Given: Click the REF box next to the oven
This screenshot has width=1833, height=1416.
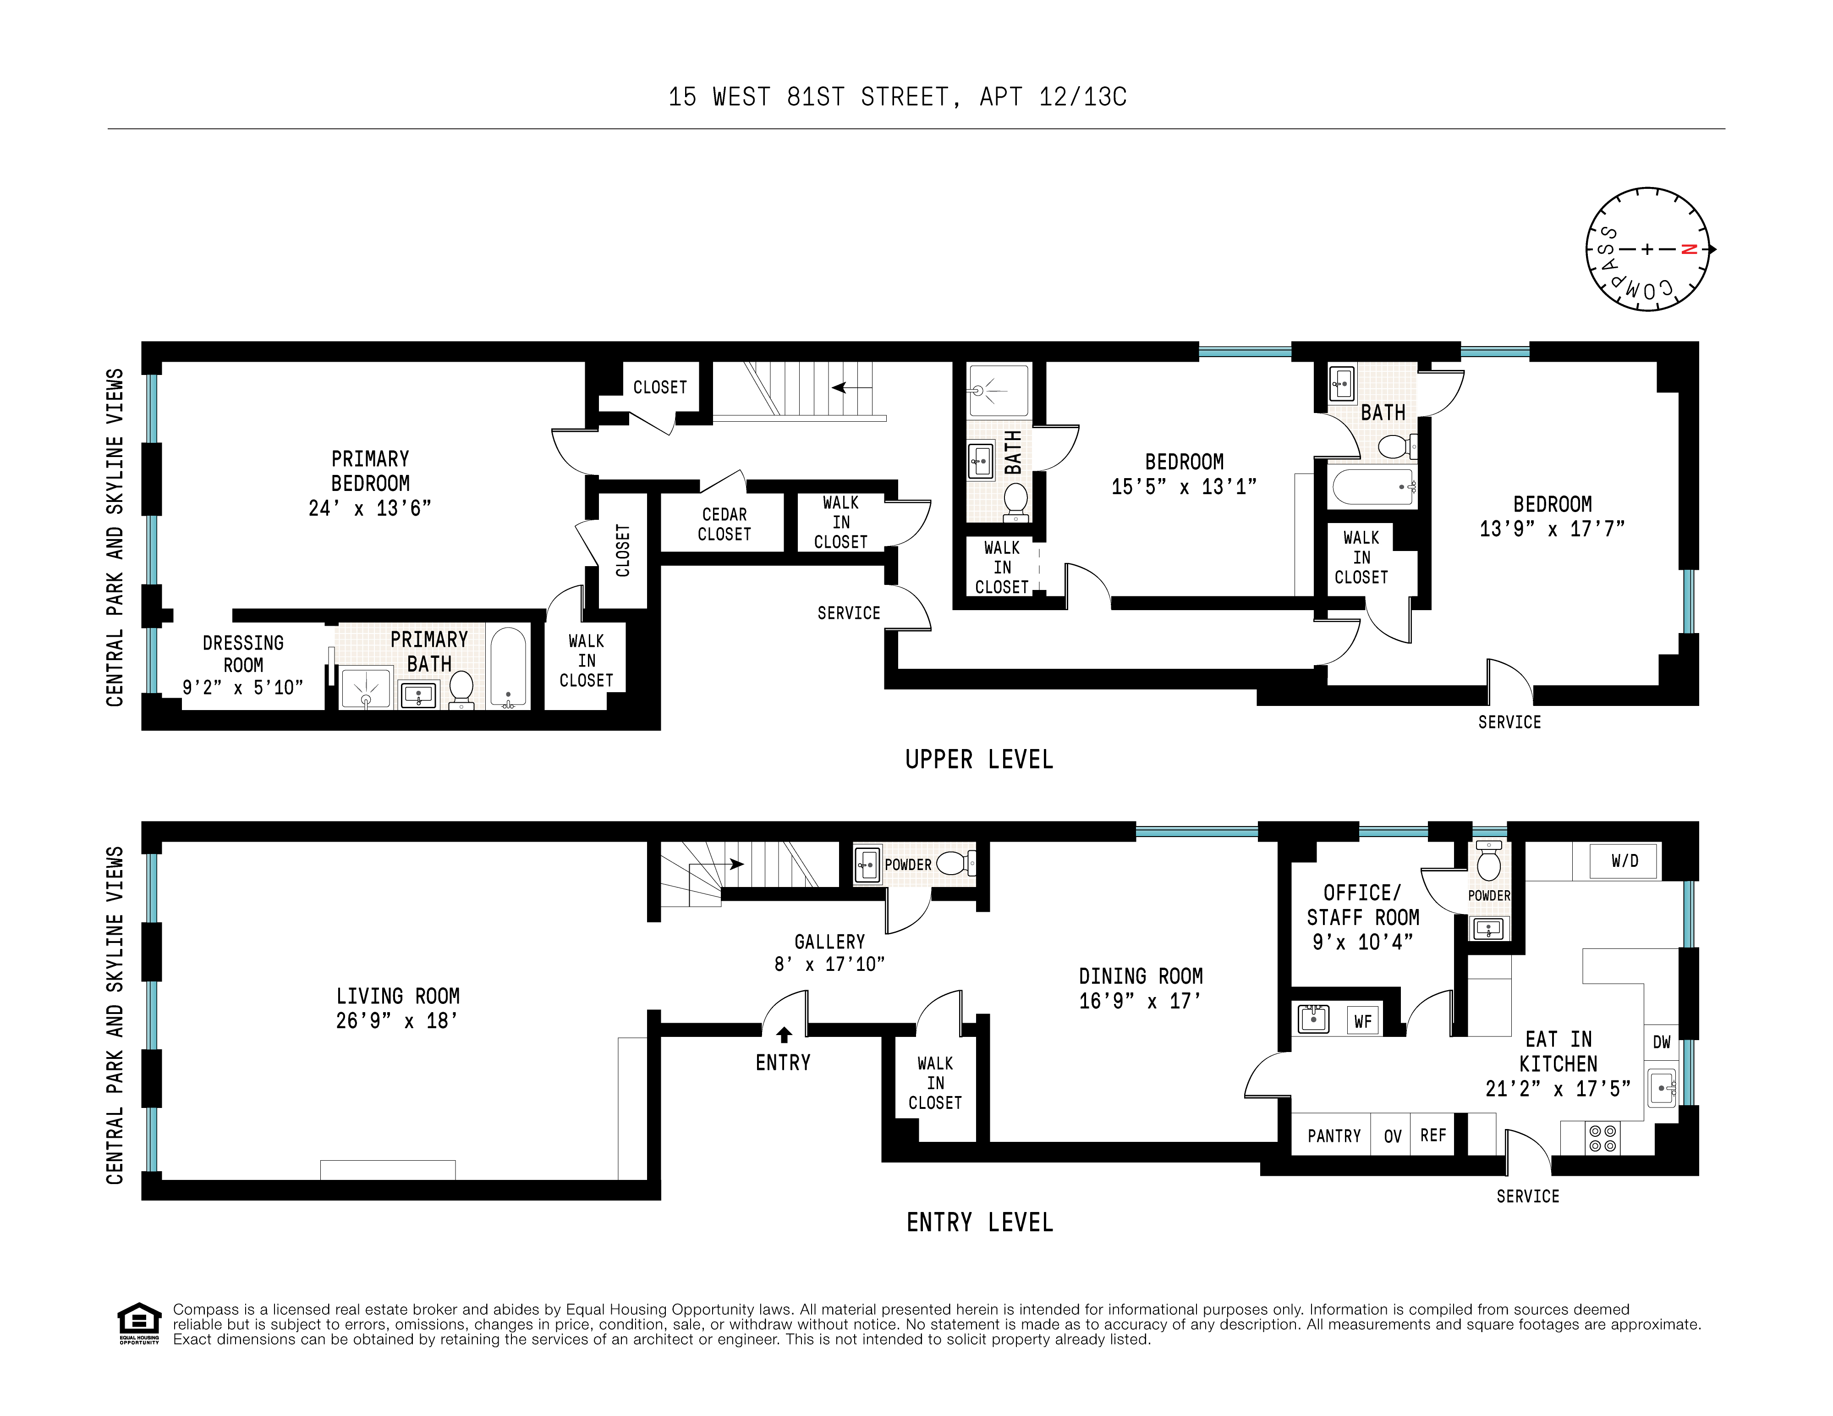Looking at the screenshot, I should coord(1432,1135).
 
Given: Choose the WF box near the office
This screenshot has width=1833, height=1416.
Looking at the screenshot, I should coord(1362,1021).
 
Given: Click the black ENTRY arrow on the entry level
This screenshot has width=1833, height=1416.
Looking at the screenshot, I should coord(784,1034).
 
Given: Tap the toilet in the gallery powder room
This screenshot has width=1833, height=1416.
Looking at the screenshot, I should coord(951,863).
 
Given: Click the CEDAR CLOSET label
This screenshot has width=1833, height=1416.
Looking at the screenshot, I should coord(724,524).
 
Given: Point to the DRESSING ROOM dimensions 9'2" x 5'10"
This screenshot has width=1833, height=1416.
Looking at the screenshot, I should coord(242,688).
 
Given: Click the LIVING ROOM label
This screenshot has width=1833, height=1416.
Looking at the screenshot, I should coord(398,996).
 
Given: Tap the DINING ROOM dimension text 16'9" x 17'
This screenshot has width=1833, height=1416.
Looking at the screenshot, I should coord(1140,1001).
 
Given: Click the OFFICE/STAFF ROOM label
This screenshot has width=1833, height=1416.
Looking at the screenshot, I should coord(1362,905).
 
